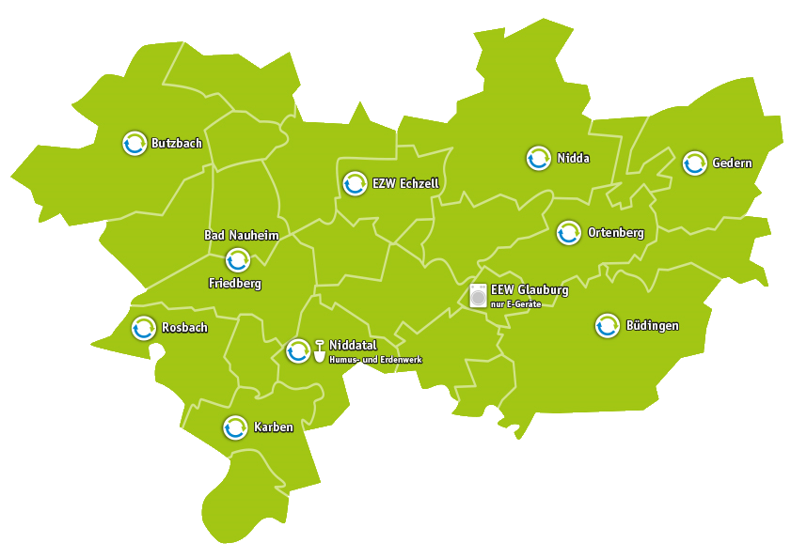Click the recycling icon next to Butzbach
click(134, 143)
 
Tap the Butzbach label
click(176, 144)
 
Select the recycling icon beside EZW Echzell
click(355, 182)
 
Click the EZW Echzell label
click(405, 182)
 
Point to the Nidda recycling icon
click(538, 158)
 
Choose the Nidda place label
click(573, 158)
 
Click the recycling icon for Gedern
click(694, 163)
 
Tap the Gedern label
click(732, 163)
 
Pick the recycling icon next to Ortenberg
click(568, 232)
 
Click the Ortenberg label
click(615, 232)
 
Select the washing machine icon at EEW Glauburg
click(479, 296)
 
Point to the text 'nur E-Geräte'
click(515, 303)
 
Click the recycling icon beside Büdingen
click(608, 325)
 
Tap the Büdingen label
click(652, 326)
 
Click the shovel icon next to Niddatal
click(320, 349)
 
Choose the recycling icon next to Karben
click(235, 427)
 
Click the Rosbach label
click(184, 328)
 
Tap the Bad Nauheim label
click(241, 235)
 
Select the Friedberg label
click(234, 283)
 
